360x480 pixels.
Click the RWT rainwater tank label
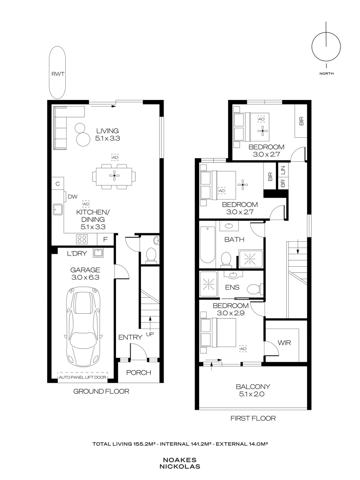pos(58,74)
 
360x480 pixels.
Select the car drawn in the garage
pos(84,325)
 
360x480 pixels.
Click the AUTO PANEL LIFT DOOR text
pos(83,378)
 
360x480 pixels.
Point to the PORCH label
pos(139,372)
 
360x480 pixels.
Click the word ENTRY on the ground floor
pos(130,337)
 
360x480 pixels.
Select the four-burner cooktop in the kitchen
pos(83,240)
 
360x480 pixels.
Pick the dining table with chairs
pos(115,176)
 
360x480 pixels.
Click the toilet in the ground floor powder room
pos(151,255)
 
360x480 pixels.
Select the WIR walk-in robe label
pos(284,343)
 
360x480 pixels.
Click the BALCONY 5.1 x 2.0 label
pos(252,390)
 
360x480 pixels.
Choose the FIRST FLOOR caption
pos(252,418)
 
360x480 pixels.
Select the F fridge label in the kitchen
pos(105,240)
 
